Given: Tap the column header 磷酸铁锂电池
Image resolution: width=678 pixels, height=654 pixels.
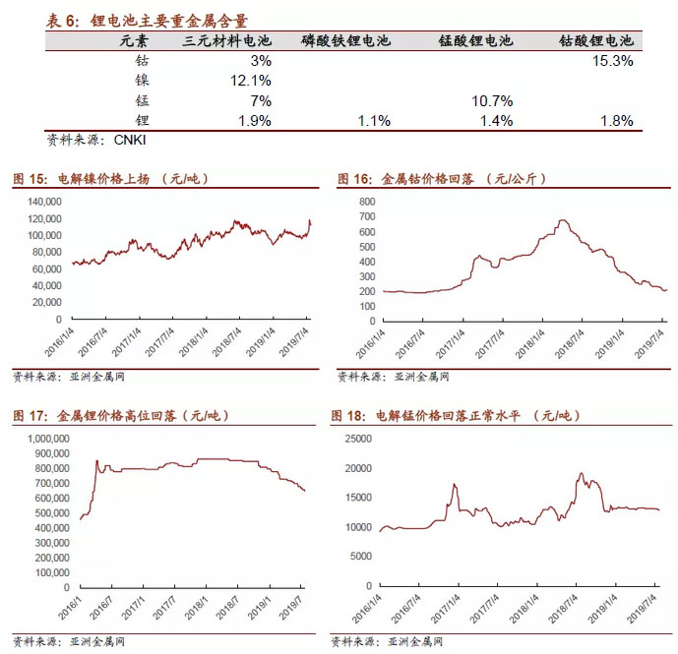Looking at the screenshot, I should (345, 41).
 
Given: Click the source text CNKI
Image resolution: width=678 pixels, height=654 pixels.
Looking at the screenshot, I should (130, 140).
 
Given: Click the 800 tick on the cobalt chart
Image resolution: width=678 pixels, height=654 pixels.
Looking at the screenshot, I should (366, 201).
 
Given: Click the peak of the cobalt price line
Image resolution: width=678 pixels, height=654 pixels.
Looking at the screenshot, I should (562, 220).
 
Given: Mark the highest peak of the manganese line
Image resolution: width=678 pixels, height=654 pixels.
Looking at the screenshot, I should (581, 473).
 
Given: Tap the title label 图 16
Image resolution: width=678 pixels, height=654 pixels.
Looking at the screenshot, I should (354, 179).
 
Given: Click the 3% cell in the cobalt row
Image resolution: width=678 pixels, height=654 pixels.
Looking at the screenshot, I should (261, 61).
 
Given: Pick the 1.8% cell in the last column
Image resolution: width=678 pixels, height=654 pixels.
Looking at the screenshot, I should (616, 121).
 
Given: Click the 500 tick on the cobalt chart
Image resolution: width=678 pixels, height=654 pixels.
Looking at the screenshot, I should (366, 246).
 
